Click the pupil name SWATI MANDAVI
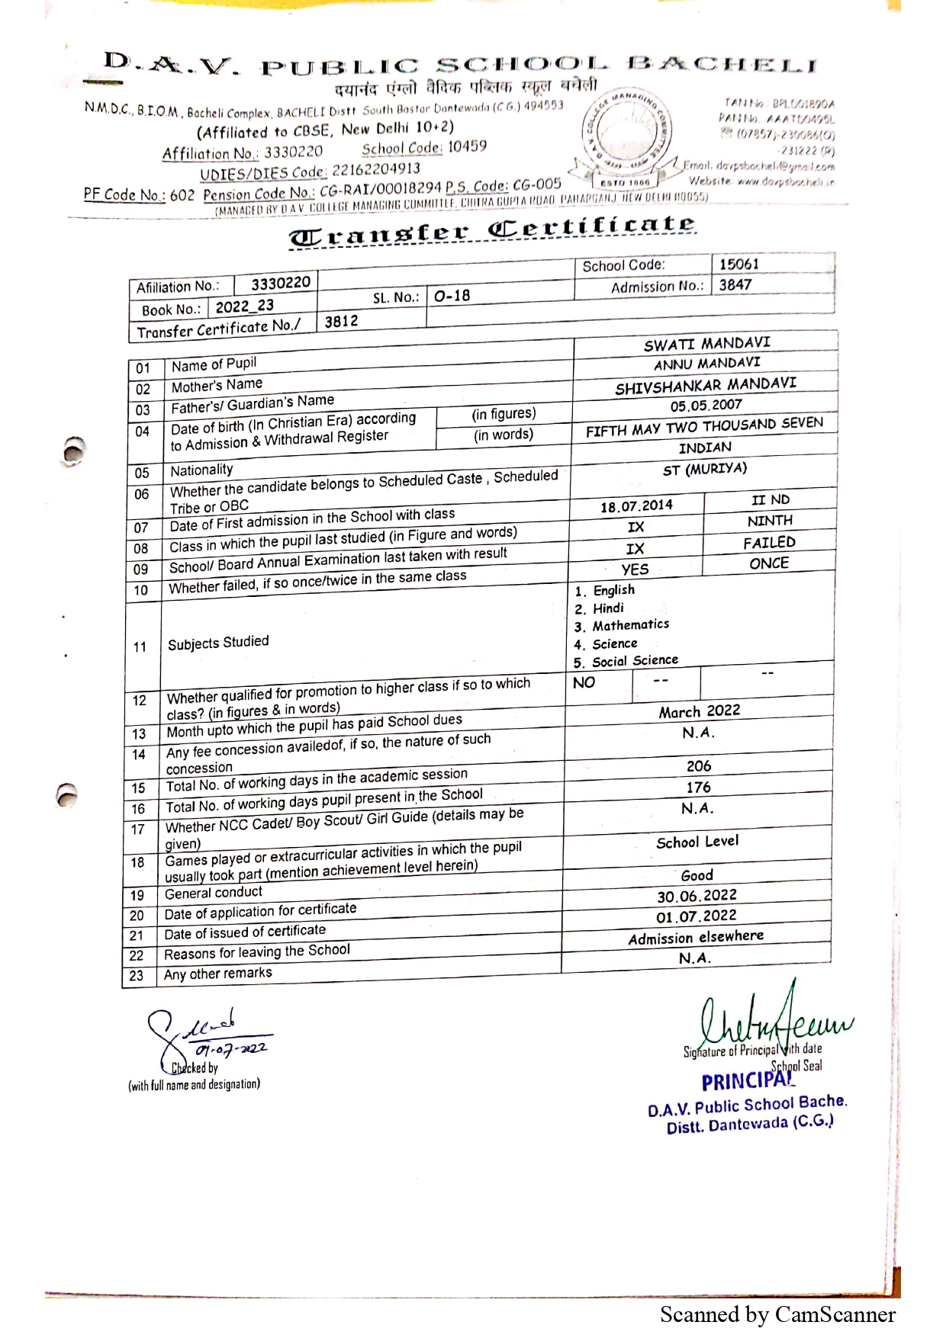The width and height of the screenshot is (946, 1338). (x=706, y=344)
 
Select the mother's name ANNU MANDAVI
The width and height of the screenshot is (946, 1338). (x=706, y=364)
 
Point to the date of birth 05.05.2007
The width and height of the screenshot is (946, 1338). (x=706, y=406)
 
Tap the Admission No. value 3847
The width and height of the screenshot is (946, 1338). (x=735, y=285)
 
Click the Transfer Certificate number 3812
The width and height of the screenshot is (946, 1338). (x=341, y=321)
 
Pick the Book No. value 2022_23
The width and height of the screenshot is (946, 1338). (x=244, y=306)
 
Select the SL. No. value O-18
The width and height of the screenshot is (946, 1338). (x=452, y=296)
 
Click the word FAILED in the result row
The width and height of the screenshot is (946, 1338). (x=769, y=543)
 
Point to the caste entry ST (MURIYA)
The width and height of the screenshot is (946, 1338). (x=704, y=469)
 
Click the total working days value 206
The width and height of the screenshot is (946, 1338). (x=698, y=765)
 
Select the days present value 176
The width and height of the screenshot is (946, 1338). (x=698, y=787)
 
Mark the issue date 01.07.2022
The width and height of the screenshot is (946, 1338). (x=697, y=916)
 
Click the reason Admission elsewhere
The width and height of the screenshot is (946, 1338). (x=696, y=938)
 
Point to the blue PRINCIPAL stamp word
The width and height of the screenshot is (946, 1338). (x=747, y=1081)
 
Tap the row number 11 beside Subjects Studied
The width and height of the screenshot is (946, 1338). (x=140, y=647)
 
